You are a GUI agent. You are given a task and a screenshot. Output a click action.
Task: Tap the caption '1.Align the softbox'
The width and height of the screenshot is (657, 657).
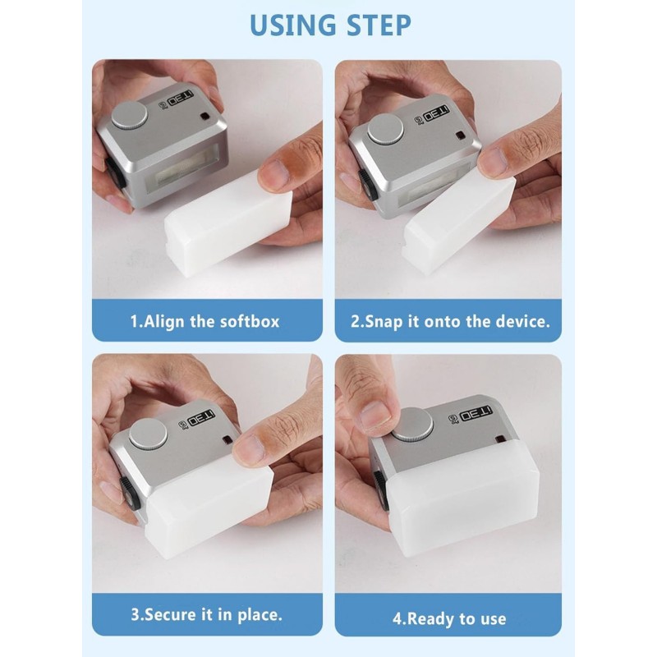pos(204,321)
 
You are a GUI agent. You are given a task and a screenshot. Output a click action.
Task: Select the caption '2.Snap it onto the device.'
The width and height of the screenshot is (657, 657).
pos(450,321)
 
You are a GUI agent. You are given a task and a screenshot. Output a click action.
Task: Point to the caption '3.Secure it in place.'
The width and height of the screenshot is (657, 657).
pos(207,614)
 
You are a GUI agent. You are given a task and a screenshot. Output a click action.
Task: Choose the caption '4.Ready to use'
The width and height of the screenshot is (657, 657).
pos(449,618)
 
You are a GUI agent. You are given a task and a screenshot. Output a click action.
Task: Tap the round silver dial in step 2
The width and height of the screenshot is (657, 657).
pos(385,129)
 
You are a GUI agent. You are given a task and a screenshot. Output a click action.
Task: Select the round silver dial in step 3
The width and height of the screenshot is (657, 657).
pos(149,434)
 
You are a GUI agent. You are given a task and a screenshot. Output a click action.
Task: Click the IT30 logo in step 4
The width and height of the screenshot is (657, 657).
pos(476,415)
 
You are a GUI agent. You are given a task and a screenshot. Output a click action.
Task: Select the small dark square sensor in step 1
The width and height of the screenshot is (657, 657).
pos(204,117)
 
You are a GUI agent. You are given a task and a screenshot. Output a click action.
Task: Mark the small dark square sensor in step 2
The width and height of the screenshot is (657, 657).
pos(460,136)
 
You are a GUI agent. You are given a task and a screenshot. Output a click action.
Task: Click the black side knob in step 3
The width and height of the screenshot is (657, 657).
pos(127,494)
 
